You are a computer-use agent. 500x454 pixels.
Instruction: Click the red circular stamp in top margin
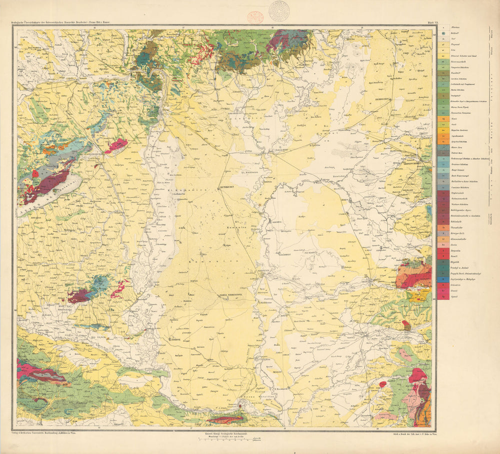click(255, 18)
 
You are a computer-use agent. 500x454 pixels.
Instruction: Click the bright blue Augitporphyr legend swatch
click(443, 280)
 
